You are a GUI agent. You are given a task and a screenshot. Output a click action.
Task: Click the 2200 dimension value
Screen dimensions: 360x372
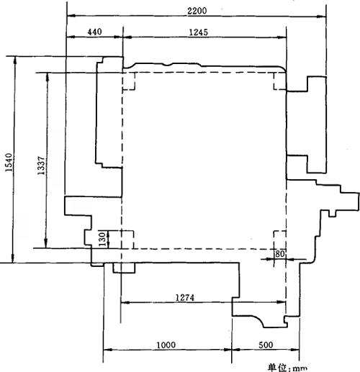tap(197, 11)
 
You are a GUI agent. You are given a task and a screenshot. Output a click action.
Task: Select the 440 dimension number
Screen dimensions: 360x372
tap(94, 32)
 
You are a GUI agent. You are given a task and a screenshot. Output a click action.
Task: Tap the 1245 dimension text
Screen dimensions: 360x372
tap(199, 32)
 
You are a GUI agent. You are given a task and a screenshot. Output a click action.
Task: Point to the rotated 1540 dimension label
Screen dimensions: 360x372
tap(9, 162)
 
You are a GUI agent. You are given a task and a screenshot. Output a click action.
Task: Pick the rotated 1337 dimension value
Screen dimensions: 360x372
tap(41, 165)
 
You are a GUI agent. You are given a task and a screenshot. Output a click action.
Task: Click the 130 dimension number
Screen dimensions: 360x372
tap(102, 239)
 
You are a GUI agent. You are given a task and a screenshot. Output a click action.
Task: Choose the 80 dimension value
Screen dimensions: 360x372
tap(280, 254)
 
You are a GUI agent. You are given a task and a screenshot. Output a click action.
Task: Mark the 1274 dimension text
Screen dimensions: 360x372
tap(185, 298)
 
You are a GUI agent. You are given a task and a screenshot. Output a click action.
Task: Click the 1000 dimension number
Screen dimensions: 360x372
tap(166, 345)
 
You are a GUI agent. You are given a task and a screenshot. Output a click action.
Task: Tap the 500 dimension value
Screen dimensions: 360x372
tap(266, 345)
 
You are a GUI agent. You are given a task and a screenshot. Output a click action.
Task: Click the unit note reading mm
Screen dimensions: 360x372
tap(300, 368)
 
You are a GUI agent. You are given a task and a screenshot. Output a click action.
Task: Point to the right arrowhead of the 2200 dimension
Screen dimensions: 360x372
tap(322, 17)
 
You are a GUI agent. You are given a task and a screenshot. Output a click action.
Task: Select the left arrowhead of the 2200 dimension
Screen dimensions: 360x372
tap(71, 16)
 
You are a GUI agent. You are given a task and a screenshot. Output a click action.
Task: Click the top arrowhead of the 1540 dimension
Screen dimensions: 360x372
tap(15, 61)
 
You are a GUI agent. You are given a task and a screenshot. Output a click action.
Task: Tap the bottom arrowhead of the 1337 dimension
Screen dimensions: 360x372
tap(46, 243)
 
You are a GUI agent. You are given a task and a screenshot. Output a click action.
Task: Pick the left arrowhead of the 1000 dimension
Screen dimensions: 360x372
tap(108, 350)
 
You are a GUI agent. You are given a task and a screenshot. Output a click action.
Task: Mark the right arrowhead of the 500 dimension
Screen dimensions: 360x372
tap(295, 350)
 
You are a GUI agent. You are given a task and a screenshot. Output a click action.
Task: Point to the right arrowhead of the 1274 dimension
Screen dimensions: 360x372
tap(281, 302)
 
